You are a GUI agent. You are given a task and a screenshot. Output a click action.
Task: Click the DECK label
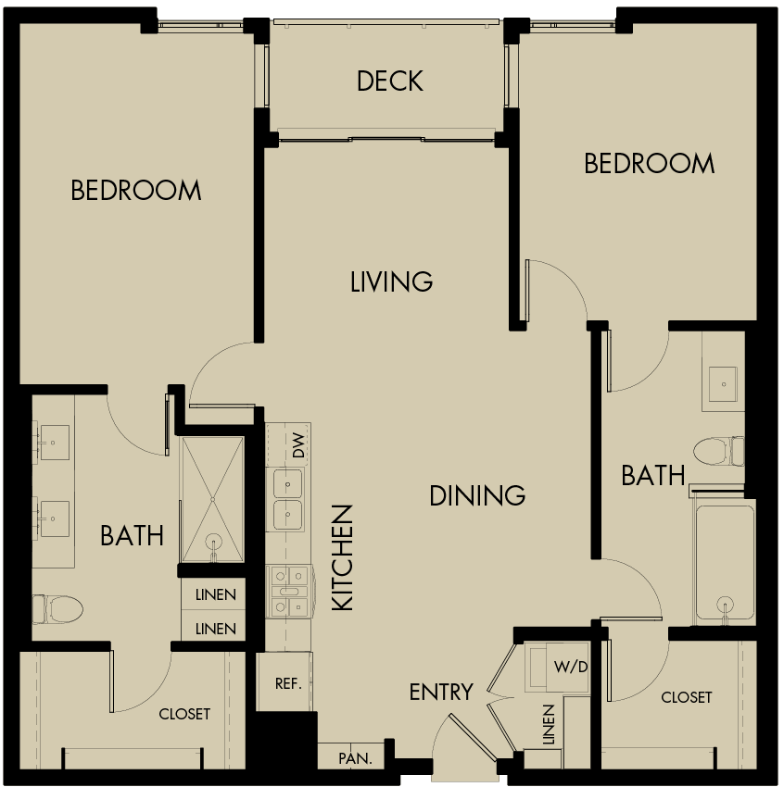pos(390,81)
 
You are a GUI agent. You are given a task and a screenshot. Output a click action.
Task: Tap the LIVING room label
pos(391,281)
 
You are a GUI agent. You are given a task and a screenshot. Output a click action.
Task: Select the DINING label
pos(477,495)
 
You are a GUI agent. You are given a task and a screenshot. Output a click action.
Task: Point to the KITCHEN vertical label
pos(343,557)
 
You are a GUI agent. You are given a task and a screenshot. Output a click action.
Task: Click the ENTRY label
pos(441,692)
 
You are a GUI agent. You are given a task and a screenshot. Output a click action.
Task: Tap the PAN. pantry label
pos(355,758)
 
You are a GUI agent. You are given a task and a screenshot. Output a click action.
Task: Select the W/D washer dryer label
pos(571,667)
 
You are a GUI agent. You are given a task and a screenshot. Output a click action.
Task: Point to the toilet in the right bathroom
pos(718,451)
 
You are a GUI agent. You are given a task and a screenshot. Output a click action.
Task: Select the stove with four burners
pos(287,592)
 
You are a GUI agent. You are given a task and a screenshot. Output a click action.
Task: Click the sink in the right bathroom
pos(723,381)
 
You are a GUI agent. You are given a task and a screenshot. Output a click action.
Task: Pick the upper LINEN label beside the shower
pos(215,595)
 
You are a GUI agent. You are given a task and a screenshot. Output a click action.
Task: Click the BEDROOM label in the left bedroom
pos(136,191)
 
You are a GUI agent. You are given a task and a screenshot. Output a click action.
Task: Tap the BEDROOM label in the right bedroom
pos(649,164)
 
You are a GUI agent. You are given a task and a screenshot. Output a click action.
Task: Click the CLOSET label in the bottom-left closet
pos(184,714)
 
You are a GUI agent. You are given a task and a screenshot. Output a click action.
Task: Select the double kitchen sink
pos(287,500)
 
